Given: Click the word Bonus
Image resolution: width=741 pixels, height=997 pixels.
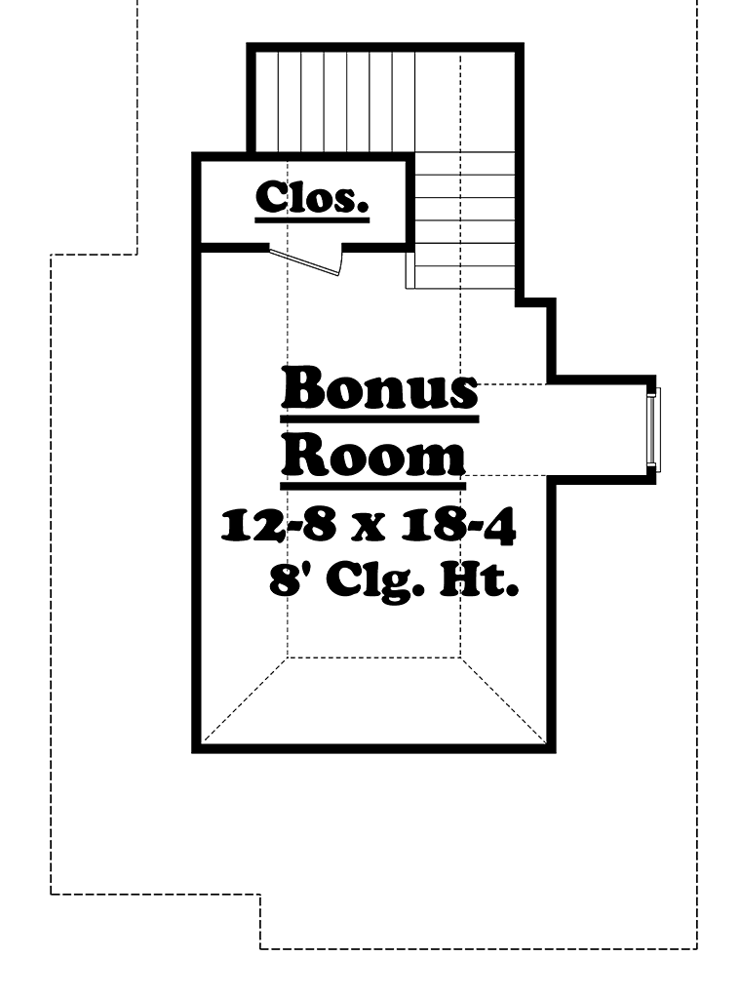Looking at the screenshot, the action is point(379,387).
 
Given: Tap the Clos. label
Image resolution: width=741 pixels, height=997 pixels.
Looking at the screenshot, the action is point(312,197).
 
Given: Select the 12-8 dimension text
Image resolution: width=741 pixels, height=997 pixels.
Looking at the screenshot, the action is point(278,527).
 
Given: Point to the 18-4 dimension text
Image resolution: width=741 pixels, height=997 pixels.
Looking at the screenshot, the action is point(458,527).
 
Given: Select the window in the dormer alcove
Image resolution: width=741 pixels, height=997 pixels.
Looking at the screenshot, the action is point(654,430).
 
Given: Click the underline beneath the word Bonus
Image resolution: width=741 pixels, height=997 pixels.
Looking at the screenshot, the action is point(379,419).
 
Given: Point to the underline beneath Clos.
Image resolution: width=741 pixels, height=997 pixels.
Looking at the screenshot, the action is point(312,220).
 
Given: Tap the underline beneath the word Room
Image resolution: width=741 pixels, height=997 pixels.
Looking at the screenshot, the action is point(373,486).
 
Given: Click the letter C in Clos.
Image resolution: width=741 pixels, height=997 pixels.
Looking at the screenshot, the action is point(271,197).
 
